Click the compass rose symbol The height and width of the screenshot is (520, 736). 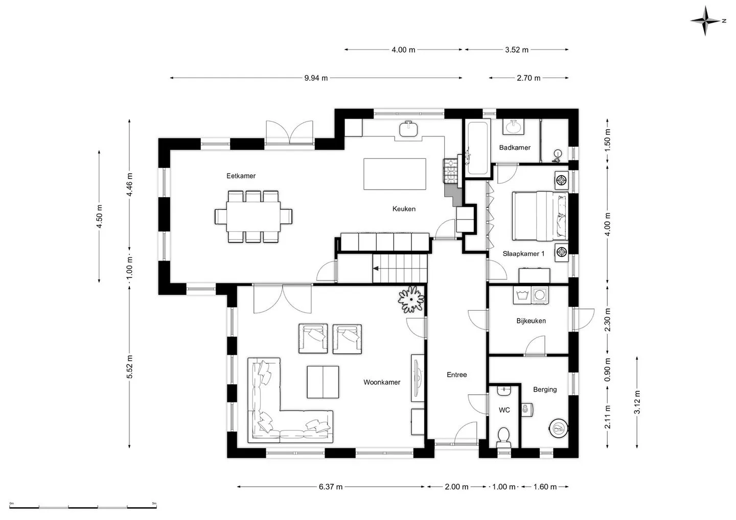[705, 20]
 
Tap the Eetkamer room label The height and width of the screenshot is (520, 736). [241, 176]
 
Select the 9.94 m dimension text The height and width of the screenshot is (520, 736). [316, 78]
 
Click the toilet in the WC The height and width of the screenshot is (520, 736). [503, 437]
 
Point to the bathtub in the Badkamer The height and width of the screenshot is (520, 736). [477, 148]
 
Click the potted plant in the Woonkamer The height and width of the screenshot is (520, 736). [411, 299]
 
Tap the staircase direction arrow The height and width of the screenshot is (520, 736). [376, 269]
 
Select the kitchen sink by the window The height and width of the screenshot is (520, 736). [409, 129]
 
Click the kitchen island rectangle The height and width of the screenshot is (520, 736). [395, 174]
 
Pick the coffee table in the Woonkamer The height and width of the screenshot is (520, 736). [323, 382]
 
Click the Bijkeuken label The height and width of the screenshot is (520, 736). [531, 321]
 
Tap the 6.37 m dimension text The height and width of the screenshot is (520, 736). [331, 486]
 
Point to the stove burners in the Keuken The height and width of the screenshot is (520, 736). [450, 171]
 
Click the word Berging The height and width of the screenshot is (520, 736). [545, 390]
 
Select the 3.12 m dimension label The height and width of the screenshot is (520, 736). [637, 402]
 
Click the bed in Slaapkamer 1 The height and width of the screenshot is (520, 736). [540, 216]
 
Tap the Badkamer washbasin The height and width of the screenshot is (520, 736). [513, 127]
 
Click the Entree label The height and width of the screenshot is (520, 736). [457, 375]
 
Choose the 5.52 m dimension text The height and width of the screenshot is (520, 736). [129, 367]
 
